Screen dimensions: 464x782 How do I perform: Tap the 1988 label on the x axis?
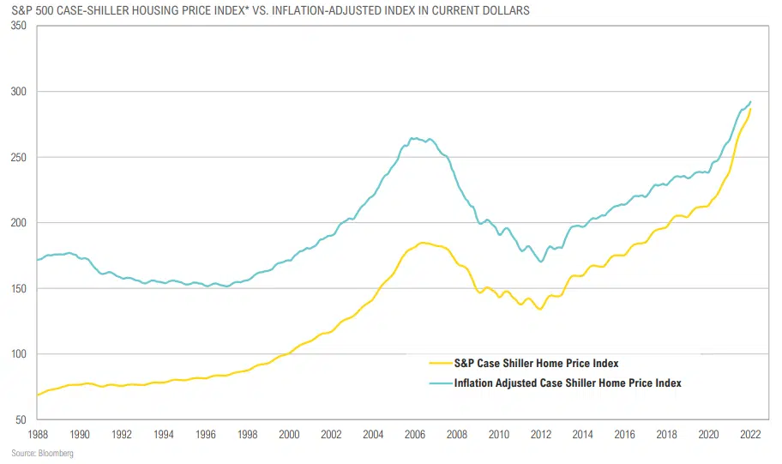click(x=37, y=435)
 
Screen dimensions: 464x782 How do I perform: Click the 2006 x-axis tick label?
click(x=415, y=435)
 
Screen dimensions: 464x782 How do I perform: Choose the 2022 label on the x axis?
click(x=751, y=435)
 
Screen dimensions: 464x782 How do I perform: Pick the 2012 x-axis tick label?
click(x=541, y=435)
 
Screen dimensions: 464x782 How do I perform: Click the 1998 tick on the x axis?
click(x=247, y=435)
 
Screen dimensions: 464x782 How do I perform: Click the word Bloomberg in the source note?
click(x=57, y=453)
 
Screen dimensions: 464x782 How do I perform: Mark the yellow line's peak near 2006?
click(x=423, y=243)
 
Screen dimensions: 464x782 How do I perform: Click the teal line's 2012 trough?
click(x=540, y=262)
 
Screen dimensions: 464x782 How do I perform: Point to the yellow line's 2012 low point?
click(x=539, y=309)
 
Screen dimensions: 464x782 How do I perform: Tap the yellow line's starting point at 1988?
click(x=37, y=395)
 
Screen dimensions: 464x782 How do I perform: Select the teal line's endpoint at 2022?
click(x=751, y=102)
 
